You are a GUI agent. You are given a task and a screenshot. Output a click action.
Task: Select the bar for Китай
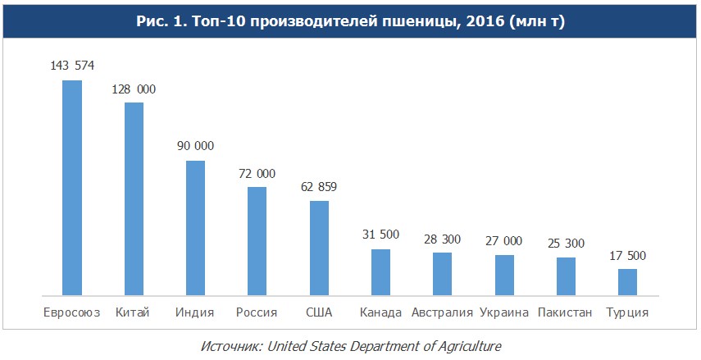(x=134, y=198)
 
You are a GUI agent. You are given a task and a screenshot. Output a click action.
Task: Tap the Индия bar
(x=195, y=227)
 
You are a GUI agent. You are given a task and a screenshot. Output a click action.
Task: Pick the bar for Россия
(x=257, y=240)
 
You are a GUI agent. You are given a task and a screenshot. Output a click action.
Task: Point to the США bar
(x=319, y=247)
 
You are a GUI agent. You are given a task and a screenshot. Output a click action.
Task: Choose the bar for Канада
(x=380, y=271)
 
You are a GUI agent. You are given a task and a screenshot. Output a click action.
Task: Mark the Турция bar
(x=627, y=281)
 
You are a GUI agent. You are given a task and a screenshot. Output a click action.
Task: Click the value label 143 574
(x=72, y=66)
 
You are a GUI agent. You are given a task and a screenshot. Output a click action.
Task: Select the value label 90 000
(x=195, y=146)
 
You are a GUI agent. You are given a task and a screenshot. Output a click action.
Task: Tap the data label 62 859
(x=319, y=186)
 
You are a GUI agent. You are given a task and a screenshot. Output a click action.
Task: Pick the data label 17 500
(x=627, y=255)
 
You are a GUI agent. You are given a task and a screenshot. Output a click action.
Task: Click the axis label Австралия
(x=443, y=312)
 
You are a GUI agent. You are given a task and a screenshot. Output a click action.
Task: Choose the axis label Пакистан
(x=566, y=312)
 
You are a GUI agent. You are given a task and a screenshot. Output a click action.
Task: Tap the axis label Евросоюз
(x=72, y=312)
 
